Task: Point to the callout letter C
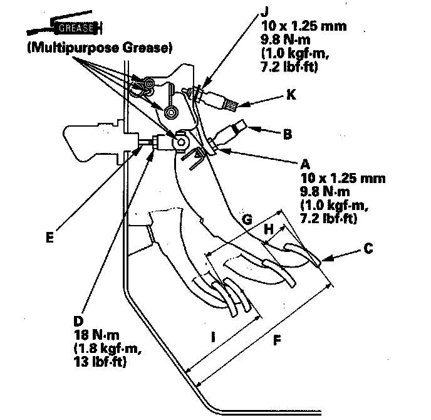[368, 248]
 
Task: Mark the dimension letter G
[247, 220]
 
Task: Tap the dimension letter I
[214, 337]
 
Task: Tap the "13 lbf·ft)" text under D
[100, 362]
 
